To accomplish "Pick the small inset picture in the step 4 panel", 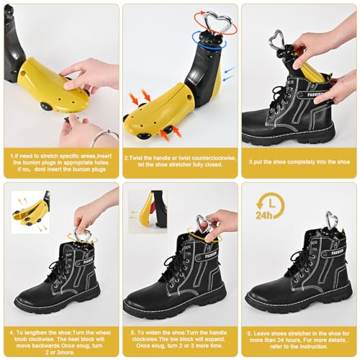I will [31, 212].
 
